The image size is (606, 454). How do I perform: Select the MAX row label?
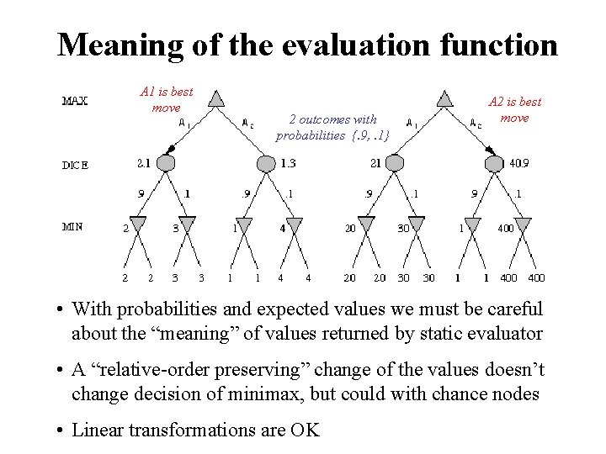pyautogui.click(x=76, y=102)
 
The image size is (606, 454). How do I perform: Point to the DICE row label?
pyautogui.click(x=75, y=165)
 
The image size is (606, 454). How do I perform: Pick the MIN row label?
pyautogui.click(x=73, y=225)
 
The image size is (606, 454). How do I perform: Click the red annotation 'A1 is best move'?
pyautogui.click(x=167, y=99)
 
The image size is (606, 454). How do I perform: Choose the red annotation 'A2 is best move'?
pyautogui.click(x=514, y=109)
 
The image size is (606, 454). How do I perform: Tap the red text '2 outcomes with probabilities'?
pyautogui.click(x=332, y=126)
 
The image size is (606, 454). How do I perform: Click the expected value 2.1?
pyautogui.click(x=143, y=162)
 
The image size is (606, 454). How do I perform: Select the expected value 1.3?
pyautogui.click(x=288, y=162)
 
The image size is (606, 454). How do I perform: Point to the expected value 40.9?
pyautogui.click(x=519, y=163)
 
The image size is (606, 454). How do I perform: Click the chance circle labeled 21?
pyautogui.click(x=395, y=162)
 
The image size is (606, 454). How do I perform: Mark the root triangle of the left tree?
pyautogui.click(x=216, y=100)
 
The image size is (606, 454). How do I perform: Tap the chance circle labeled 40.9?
pyautogui.click(x=495, y=162)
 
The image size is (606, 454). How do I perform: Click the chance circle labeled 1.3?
pyautogui.click(x=265, y=162)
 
